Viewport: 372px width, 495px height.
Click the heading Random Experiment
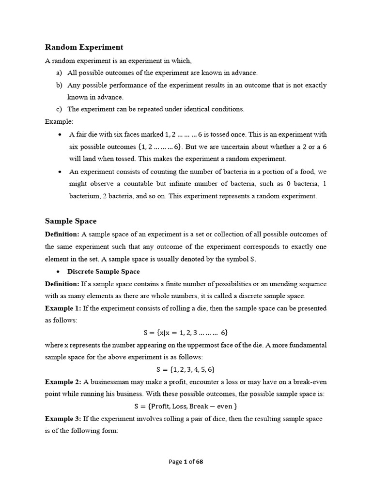click(84, 47)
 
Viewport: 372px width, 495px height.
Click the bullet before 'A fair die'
click(59, 134)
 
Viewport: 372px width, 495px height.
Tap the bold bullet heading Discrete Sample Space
click(103, 271)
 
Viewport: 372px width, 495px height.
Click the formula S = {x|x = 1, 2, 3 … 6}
click(186, 333)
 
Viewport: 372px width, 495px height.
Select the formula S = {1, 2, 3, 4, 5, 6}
click(186, 369)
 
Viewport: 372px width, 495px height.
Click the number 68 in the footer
click(199, 462)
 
